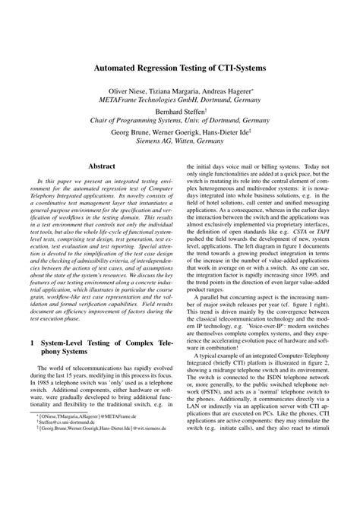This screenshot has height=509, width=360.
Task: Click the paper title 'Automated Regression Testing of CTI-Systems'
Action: click(x=180, y=68)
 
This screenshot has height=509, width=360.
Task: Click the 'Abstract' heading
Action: click(x=103, y=165)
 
